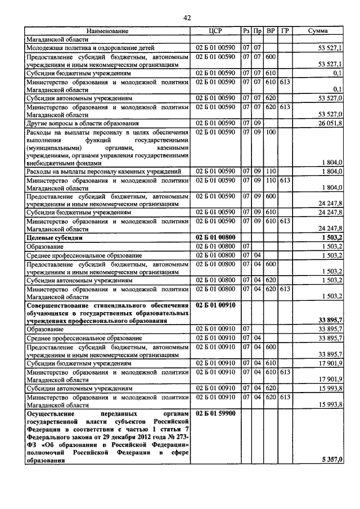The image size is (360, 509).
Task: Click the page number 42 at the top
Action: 187,18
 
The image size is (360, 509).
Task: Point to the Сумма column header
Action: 318,31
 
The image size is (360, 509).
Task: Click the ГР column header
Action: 285,31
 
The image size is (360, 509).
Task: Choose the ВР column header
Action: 271,31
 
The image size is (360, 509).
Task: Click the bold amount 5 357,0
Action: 332,461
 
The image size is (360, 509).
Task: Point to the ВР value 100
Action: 270,131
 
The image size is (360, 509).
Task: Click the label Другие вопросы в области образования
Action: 82,122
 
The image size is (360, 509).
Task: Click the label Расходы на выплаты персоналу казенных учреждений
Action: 103,170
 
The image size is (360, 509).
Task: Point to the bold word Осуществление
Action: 50,413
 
